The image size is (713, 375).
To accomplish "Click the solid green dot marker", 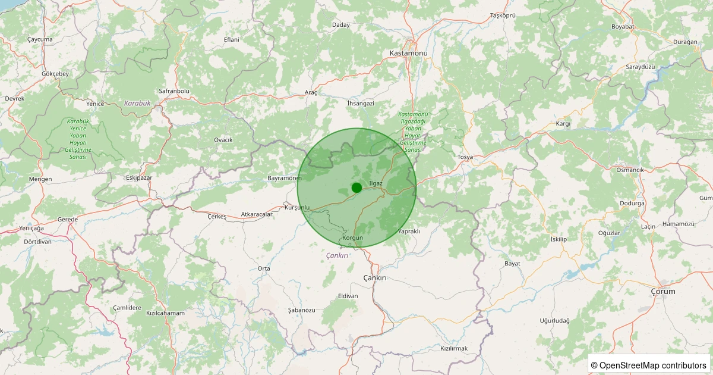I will [x=356, y=187].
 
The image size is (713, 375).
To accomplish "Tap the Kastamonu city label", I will [x=408, y=53].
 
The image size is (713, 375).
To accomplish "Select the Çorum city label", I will [x=663, y=291].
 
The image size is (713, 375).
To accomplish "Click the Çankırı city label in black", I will [x=375, y=278].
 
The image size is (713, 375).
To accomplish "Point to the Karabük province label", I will [x=137, y=103].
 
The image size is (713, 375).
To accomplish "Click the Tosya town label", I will [x=465, y=157].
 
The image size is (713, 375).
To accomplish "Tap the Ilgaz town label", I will [x=376, y=183].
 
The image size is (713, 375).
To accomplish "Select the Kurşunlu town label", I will [x=298, y=207].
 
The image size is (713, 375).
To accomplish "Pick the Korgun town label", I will [x=353, y=237].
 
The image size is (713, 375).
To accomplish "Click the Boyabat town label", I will [x=623, y=27].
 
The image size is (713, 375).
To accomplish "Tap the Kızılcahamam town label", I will [x=165, y=313].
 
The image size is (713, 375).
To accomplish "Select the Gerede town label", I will [x=68, y=220].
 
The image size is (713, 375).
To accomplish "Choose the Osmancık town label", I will [x=630, y=170].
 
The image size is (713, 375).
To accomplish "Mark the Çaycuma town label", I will [x=40, y=39].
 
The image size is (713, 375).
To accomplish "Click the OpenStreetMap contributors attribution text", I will [x=649, y=365].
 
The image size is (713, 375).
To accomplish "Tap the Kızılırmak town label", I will [x=455, y=348].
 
